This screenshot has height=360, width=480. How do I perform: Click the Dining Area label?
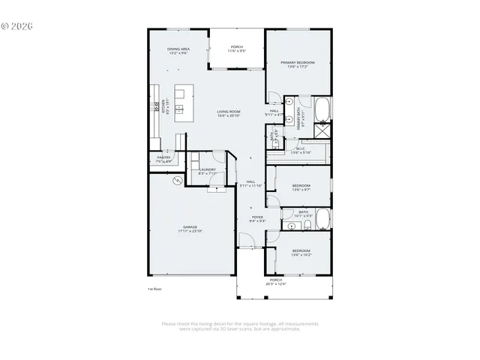(178, 49)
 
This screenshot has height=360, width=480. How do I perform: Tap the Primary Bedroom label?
(298, 62)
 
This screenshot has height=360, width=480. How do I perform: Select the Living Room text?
(229, 111)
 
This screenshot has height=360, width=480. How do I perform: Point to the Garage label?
(190, 226)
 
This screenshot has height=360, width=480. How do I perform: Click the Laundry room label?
(208, 169)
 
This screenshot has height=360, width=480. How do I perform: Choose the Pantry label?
(163, 157)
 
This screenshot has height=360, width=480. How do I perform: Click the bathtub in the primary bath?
(322, 109)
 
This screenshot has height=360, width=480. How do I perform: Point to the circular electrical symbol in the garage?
(177, 181)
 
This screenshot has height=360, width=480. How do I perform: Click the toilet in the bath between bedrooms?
(289, 223)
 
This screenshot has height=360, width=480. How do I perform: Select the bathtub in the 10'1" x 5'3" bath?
(322, 220)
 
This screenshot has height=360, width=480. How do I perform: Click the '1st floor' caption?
(154, 288)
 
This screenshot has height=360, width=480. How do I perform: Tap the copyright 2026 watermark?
(17, 25)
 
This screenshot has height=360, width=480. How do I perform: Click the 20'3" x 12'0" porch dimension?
(275, 283)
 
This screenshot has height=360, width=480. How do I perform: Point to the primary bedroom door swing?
(274, 97)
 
